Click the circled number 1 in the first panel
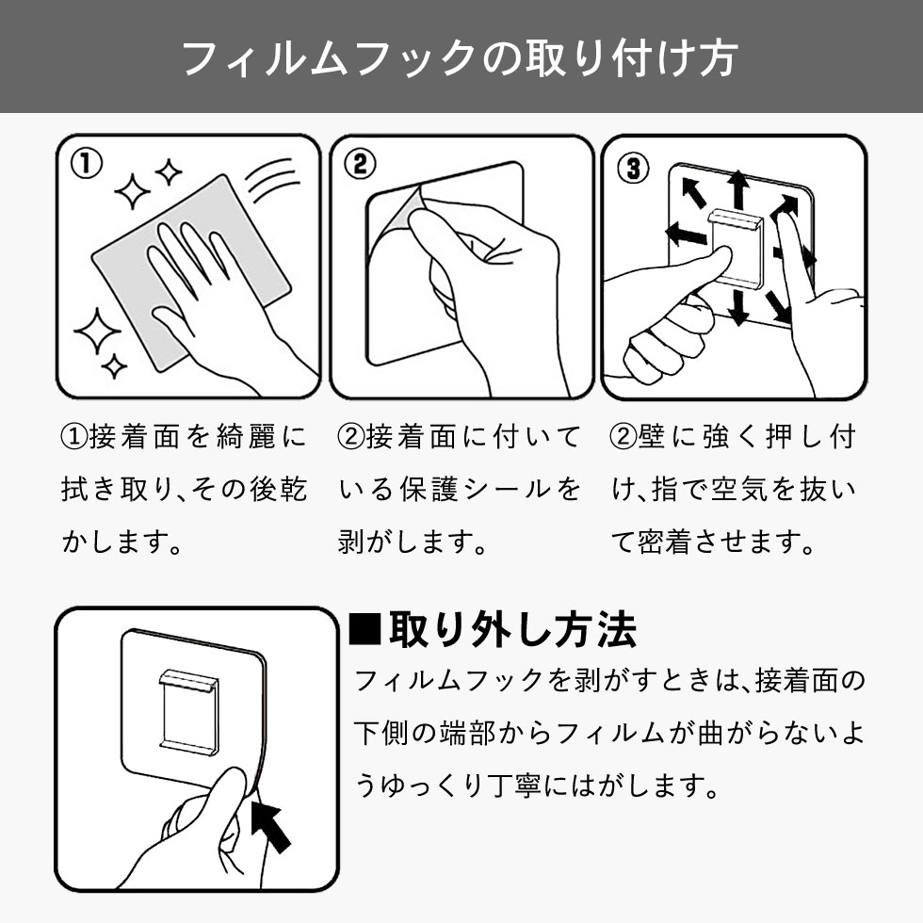click(x=87, y=163)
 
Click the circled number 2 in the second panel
click(x=360, y=163)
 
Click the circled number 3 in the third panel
click(x=633, y=168)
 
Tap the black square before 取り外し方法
click(x=365, y=630)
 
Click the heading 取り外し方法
click(x=512, y=630)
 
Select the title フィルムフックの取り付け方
click(x=461, y=57)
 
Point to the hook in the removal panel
click(x=189, y=710)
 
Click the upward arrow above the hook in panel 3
click(x=737, y=189)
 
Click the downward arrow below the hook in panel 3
click(x=738, y=305)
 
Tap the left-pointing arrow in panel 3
click(x=686, y=234)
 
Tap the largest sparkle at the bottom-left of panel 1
click(x=97, y=331)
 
